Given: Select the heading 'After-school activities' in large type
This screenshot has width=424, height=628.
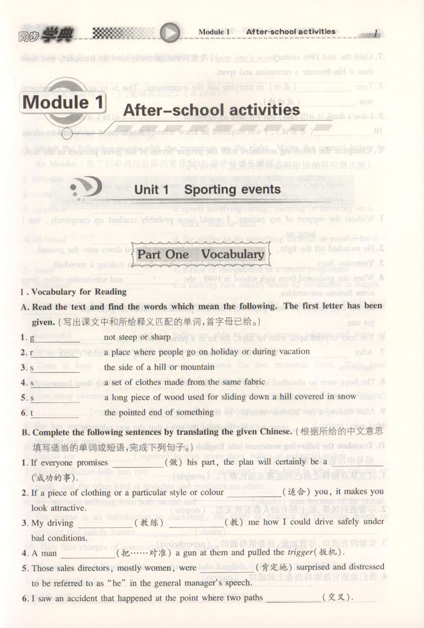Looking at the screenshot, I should [211, 110].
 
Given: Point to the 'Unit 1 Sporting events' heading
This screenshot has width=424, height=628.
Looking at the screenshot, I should [207, 189].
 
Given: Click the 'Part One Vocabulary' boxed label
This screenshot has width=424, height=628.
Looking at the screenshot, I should [201, 254].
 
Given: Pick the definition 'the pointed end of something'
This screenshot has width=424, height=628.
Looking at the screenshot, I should [159, 412].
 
